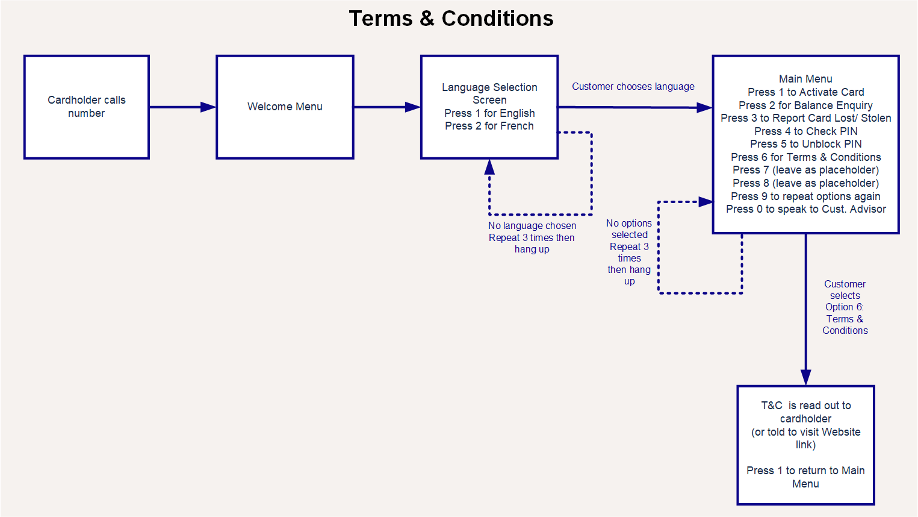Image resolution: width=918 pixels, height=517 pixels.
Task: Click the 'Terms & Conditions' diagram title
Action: click(x=451, y=19)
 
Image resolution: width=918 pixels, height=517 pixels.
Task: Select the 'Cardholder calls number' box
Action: click(x=87, y=107)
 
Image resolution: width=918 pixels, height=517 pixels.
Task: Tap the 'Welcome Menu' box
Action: click(x=285, y=107)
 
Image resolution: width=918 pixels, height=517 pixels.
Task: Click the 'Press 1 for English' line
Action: click(x=489, y=113)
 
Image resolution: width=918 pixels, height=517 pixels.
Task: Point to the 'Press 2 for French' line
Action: click(x=489, y=126)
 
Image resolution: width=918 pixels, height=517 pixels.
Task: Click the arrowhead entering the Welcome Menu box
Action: click(x=208, y=107)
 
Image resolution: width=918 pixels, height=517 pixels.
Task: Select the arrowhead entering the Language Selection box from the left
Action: click(x=413, y=107)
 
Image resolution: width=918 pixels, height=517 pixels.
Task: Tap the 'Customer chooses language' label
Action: click(x=633, y=87)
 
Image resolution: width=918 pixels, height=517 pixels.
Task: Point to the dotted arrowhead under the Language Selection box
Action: click(x=489, y=167)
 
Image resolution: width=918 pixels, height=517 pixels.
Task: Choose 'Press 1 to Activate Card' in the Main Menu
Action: click(x=805, y=92)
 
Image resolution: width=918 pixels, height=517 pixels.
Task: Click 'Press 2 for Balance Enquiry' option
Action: click(x=805, y=105)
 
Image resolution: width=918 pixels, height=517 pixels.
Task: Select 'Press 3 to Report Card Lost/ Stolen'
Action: click(x=805, y=118)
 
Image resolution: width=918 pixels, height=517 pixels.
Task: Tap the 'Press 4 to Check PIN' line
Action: click(x=805, y=131)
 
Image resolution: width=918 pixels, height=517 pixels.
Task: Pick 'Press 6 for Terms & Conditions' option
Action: click(x=805, y=157)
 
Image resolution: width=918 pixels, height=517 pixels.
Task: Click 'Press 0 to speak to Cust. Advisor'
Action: click(x=805, y=209)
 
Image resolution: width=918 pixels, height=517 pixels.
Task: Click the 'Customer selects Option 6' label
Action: click(x=845, y=307)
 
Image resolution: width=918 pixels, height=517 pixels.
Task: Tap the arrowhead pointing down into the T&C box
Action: click(x=805, y=377)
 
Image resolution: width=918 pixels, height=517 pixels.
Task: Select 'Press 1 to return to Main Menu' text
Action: click(x=805, y=477)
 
